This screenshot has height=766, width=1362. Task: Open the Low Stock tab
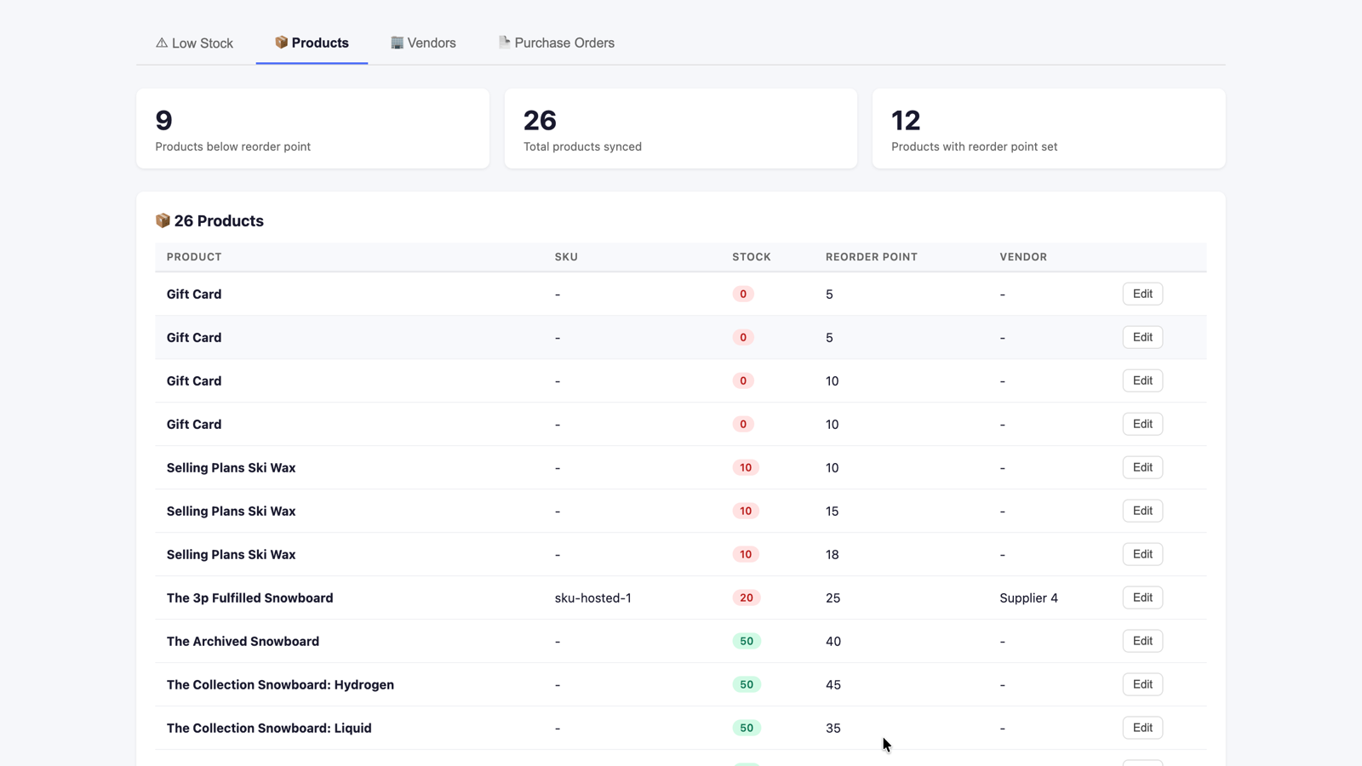pyautogui.click(x=195, y=43)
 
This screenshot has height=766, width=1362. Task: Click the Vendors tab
pyautogui.click(x=423, y=43)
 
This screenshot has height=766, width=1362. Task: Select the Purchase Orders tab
pyautogui.click(x=557, y=43)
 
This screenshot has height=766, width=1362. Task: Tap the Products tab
pyautogui.click(x=312, y=43)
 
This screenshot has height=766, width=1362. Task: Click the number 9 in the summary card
pyautogui.click(x=163, y=120)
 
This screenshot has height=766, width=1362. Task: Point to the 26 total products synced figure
pyautogui.click(x=540, y=120)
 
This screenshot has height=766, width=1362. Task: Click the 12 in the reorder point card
pyautogui.click(x=906, y=120)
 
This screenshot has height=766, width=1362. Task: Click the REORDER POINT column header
pyautogui.click(x=872, y=257)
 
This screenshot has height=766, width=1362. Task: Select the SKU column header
pyautogui.click(x=566, y=257)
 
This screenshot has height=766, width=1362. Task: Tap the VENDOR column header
pyautogui.click(x=1023, y=257)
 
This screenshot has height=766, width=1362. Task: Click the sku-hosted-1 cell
pyautogui.click(x=592, y=598)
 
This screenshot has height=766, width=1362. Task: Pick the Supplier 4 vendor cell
pyautogui.click(x=1029, y=598)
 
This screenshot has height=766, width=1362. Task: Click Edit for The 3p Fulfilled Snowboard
pyautogui.click(x=1142, y=597)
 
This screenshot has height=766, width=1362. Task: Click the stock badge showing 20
pyautogui.click(x=747, y=598)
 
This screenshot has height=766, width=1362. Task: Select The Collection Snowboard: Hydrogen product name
pyautogui.click(x=280, y=685)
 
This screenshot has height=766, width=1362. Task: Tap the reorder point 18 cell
pyautogui.click(x=832, y=555)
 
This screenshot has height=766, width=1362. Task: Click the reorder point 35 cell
pyautogui.click(x=833, y=729)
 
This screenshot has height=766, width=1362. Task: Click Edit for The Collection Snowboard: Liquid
pyautogui.click(x=1142, y=728)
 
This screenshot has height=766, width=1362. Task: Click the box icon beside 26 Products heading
pyautogui.click(x=163, y=220)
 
